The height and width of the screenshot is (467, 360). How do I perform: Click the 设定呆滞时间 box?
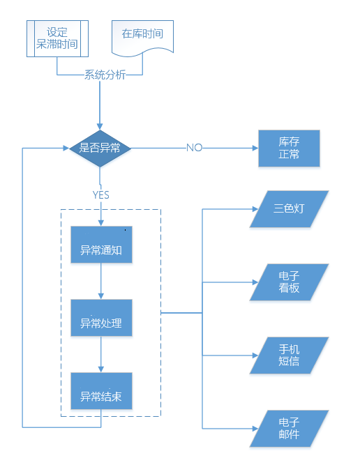[57, 38]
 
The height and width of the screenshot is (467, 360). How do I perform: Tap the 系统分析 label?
[105, 75]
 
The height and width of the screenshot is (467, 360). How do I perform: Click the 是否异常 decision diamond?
[100, 148]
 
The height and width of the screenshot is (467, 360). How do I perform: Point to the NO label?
[195, 148]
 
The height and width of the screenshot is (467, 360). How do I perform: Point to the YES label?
[100, 194]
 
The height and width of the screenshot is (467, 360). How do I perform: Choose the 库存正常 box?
[289, 148]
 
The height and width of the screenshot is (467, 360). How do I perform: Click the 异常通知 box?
[101, 245]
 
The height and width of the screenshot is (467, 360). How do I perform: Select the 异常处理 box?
[101, 318]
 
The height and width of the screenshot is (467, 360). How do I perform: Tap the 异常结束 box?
[101, 391]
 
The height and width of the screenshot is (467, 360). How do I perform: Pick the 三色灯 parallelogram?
[289, 209]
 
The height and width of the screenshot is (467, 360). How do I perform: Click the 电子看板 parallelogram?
[289, 282]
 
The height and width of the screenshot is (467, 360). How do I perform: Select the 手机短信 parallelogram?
[289, 355]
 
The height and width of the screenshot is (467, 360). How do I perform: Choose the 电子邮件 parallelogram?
[289, 428]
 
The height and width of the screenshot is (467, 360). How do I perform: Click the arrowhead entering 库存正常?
[255, 148]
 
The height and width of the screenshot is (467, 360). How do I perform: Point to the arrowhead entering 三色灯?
[255, 209]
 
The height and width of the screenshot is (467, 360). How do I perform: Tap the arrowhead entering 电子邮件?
[255, 429]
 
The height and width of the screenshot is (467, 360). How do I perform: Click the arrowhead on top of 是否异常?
[100, 127]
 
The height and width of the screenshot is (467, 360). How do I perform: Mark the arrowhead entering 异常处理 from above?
[101, 296]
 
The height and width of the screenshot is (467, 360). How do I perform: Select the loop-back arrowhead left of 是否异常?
[66, 148]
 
